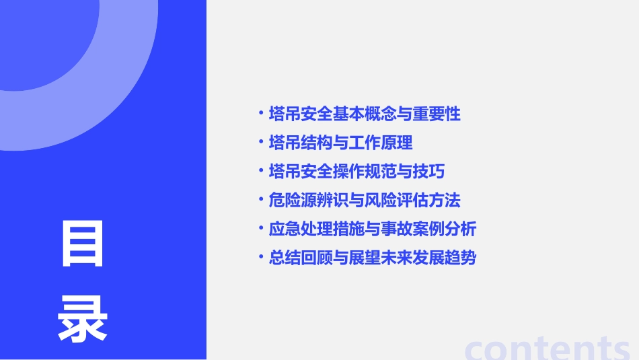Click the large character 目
pyautogui.click(x=83, y=244)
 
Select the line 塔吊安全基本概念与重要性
pyautogui.click(x=364, y=114)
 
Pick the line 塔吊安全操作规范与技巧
pyautogui.click(x=356, y=172)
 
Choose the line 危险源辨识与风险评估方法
pyautogui.click(x=364, y=200)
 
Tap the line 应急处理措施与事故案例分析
pyautogui.click(x=372, y=229)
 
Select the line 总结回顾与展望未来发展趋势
pyautogui.click(x=372, y=258)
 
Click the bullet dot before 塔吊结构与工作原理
pyautogui.click(x=261, y=142)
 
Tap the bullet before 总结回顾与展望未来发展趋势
pyautogui.click(x=261, y=257)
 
